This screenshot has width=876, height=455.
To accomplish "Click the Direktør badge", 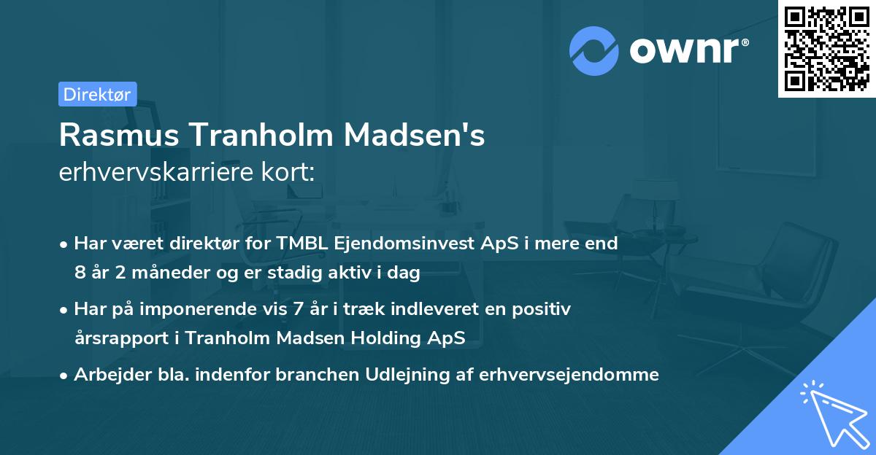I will (x=97, y=94).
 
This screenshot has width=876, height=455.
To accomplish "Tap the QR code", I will (x=827, y=48).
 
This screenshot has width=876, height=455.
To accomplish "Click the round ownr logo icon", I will (x=594, y=51).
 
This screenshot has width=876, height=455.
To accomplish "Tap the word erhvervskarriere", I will (x=156, y=174).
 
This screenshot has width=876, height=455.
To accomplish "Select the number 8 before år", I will (x=79, y=273).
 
